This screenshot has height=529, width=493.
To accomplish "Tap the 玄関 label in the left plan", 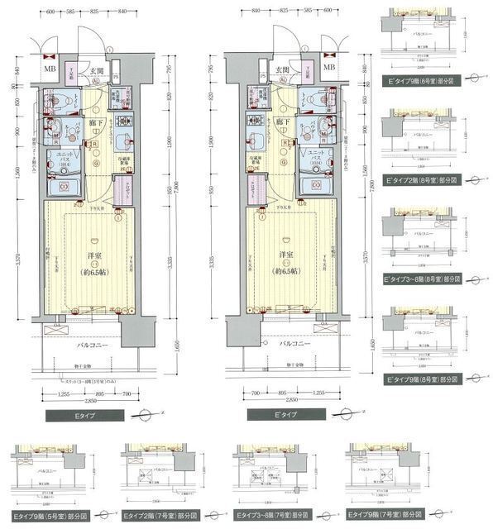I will click(x=96, y=71).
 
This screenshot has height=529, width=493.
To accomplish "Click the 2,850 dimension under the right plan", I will click(x=287, y=399).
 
